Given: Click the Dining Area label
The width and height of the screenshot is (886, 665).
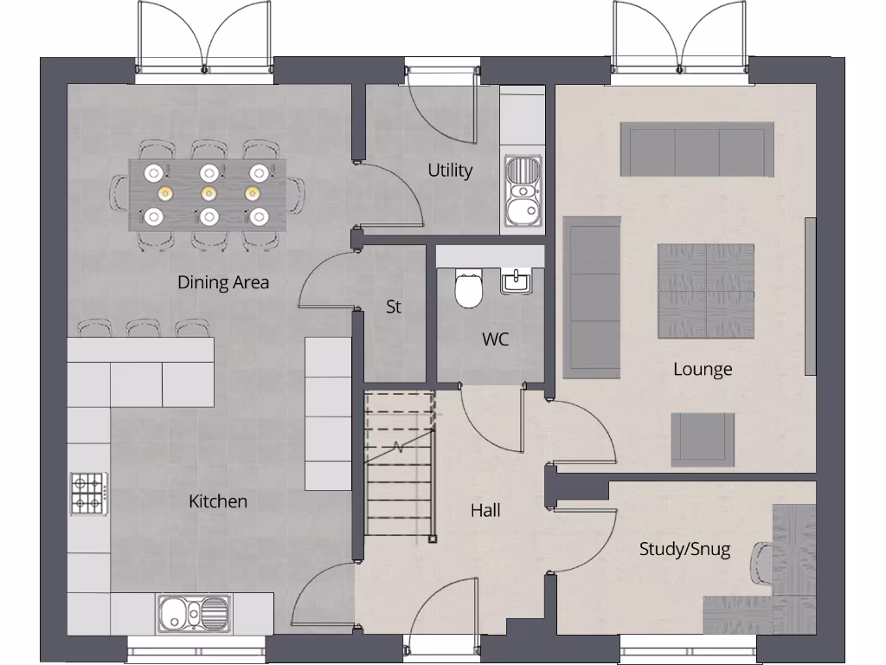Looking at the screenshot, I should [x=223, y=282].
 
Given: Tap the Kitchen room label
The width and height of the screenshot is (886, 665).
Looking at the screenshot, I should [x=218, y=501].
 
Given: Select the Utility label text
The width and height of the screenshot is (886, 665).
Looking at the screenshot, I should [x=450, y=171].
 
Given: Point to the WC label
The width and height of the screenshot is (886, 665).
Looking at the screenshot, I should [x=496, y=339].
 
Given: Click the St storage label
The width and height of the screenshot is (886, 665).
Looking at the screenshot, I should [x=394, y=307].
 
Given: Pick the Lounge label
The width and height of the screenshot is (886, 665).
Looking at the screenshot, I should [x=703, y=370].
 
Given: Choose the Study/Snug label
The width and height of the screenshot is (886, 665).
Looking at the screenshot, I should [x=684, y=549].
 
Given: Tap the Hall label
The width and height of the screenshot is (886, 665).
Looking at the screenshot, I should [x=485, y=511].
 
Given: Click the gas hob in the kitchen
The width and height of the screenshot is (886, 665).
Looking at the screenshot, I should [x=87, y=492].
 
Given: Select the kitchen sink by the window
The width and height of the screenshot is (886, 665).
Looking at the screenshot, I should [x=194, y=614].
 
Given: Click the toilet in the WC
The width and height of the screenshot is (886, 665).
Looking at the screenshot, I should [x=468, y=288].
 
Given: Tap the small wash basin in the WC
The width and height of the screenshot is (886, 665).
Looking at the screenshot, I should [x=517, y=281].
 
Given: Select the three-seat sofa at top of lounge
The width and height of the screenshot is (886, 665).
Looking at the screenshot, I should [x=697, y=149].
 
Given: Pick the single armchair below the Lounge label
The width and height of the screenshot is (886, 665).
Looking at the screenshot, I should [x=703, y=439].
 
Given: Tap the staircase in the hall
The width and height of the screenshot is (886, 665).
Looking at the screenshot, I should [x=399, y=463].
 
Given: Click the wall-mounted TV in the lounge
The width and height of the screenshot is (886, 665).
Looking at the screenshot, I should [x=811, y=296].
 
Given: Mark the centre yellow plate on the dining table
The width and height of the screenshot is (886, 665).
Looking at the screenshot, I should [x=207, y=193].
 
